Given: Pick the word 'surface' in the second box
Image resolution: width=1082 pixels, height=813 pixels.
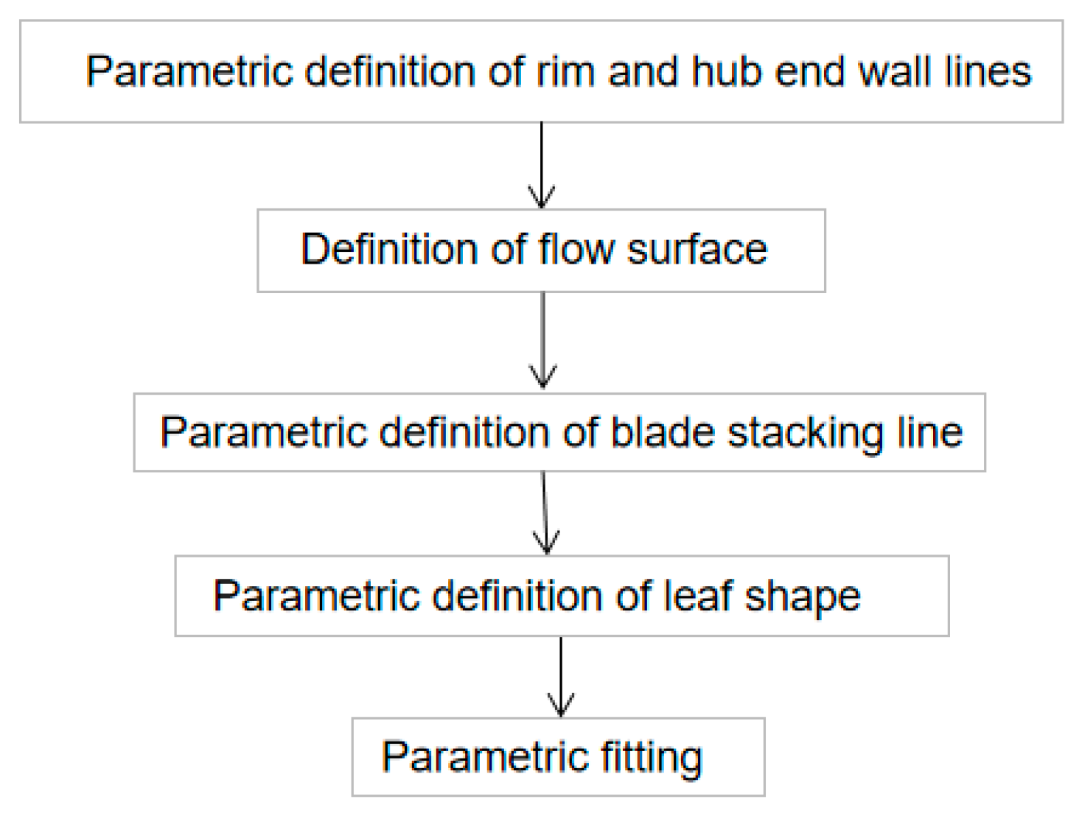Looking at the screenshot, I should pyautogui.click(x=697, y=250).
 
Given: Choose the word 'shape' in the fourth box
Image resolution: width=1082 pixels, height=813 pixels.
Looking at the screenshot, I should pyautogui.click(x=803, y=596).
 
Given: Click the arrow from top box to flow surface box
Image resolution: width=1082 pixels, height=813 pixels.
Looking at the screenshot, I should pyautogui.click(x=542, y=166).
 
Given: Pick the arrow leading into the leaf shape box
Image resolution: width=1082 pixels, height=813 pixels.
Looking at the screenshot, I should pyautogui.click(x=545, y=513).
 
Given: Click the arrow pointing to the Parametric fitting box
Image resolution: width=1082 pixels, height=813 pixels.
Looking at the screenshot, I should pyautogui.click(x=561, y=677).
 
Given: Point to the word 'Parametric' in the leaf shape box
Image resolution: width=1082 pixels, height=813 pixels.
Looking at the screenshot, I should pyautogui.click(x=315, y=595).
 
